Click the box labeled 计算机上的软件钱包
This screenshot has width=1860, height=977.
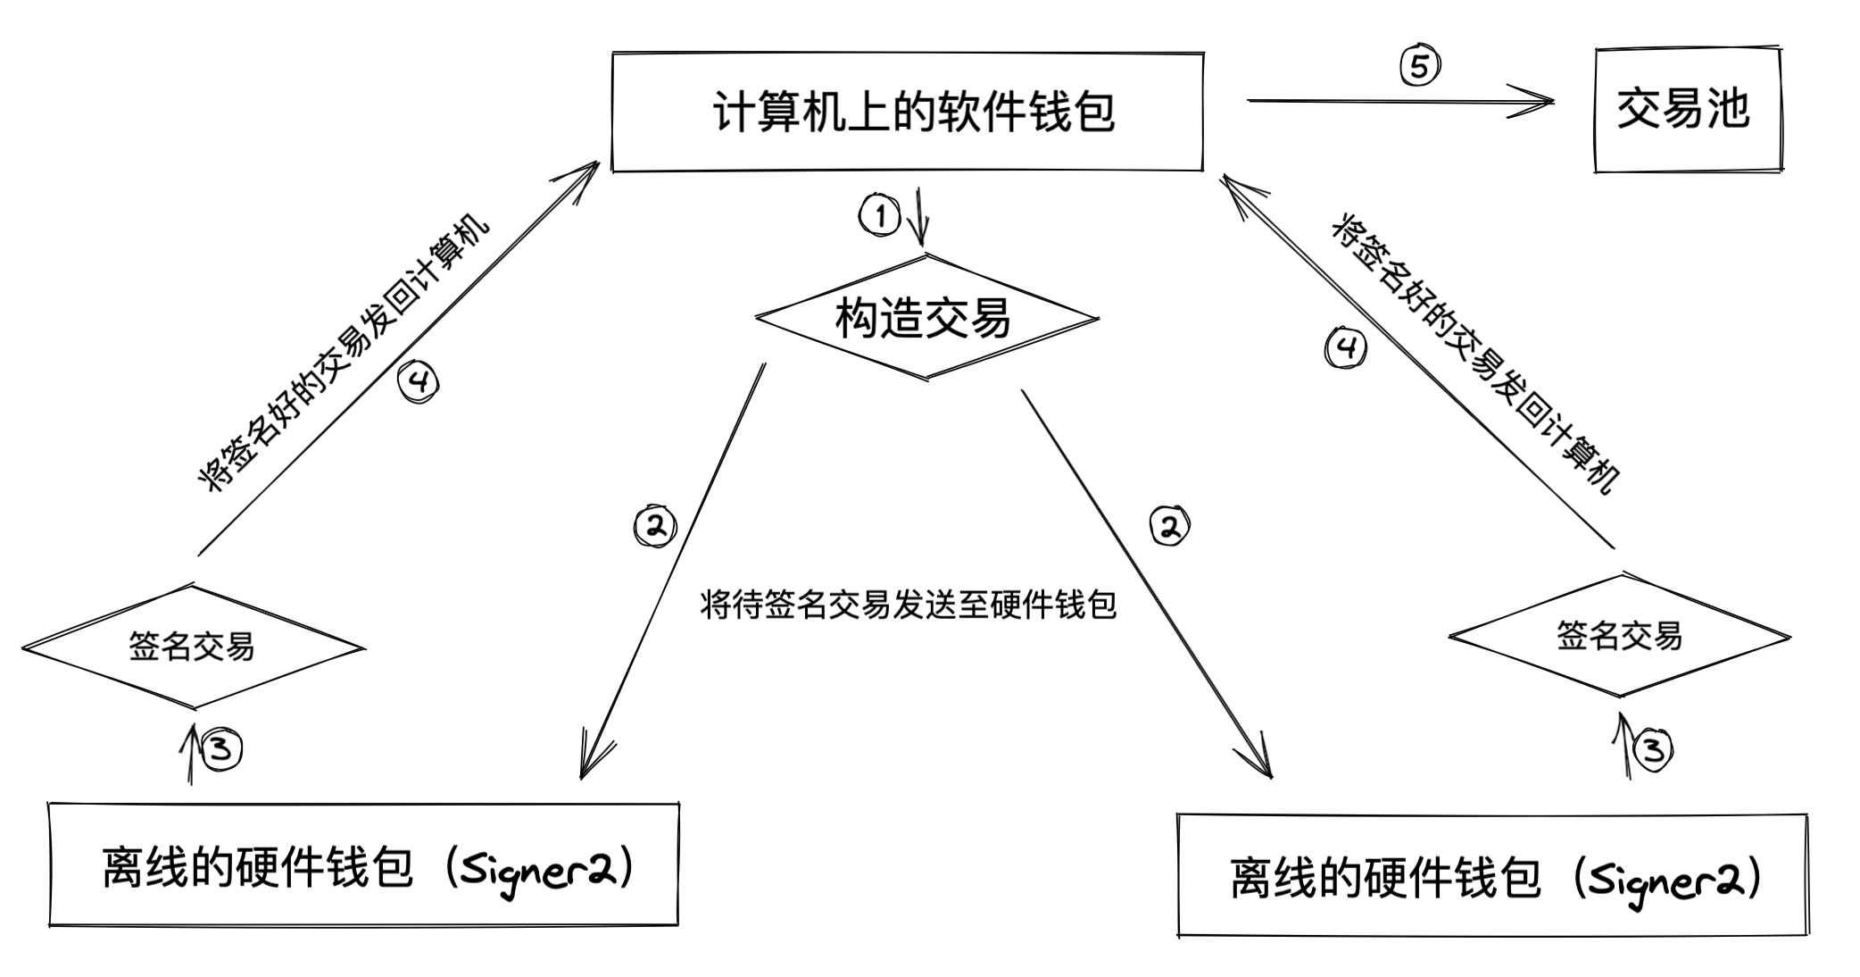tap(908, 112)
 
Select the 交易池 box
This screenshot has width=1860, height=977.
tap(1687, 110)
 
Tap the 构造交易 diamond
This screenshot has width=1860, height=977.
tap(926, 318)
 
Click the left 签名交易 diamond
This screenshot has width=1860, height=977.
tap(192, 647)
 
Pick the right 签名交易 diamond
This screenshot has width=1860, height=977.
tap(1619, 636)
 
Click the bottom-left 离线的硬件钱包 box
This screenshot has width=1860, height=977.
tap(363, 864)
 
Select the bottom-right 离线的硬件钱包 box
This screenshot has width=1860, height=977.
tap(1492, 875)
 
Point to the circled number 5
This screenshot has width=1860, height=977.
tap(1419, 66)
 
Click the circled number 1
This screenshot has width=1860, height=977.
tap(880, 216)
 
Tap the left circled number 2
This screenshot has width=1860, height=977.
tap(655, 526)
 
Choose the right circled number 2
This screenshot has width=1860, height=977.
tap(1169, 526)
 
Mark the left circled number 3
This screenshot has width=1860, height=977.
tap(221, 748)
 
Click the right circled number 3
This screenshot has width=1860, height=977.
tap(1653, 749)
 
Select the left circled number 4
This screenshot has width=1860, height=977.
tap(419, 382)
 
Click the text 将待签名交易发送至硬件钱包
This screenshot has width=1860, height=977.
tap(908, 605)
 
